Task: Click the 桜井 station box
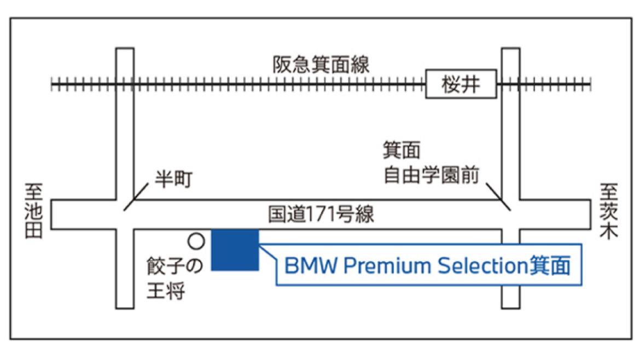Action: (x=461, y=84)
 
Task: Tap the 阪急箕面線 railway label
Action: (x=321, y=65)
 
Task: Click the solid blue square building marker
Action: (x=235, y=249)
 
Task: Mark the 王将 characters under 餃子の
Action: (x=166, y=291)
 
